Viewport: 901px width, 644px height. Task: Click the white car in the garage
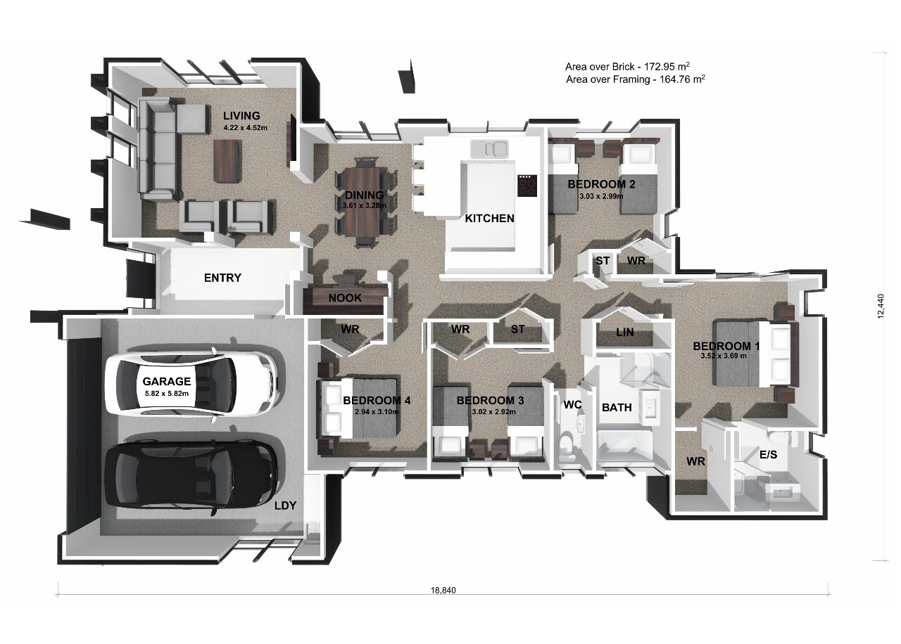[x=191, y=384]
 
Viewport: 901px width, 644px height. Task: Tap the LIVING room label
[x=241, y=116]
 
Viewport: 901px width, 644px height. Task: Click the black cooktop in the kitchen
[x=527, y=186]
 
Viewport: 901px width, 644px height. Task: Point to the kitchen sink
[x=489, y=148]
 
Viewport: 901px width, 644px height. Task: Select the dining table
[x=365, y=202]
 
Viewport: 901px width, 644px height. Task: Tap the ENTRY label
[x=222, y=278]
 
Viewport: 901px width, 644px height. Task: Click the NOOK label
[x=345, y=298]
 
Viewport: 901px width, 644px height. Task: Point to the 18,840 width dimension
[x=443, y=590]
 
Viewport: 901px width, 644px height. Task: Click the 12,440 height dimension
[x=881, y=307]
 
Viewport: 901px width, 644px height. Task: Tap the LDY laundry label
[x=285, y=505]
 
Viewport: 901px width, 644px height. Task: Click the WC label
[x=572, y=404]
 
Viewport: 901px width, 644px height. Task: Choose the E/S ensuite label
[x=768, y=454]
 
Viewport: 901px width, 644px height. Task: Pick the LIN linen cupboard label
[x=624, y=332]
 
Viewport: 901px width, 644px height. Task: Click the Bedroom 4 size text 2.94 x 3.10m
[x=377, y=412]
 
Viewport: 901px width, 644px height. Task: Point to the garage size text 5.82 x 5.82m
[x=167, y=393]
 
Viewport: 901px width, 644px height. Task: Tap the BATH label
[x=617, y=407]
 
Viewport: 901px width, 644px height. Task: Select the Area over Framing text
[x=635, y=79]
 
